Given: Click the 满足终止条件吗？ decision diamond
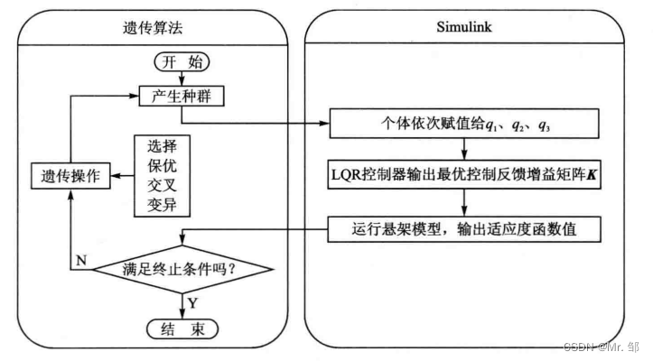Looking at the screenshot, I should (x=184, y=269).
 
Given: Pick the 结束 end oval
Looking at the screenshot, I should (x=183, y=328).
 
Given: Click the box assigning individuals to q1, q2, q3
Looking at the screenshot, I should (x=462, y=125).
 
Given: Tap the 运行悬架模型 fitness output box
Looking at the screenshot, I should (x=462, y=230).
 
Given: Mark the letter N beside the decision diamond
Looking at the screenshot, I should (x=80, y=260).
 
